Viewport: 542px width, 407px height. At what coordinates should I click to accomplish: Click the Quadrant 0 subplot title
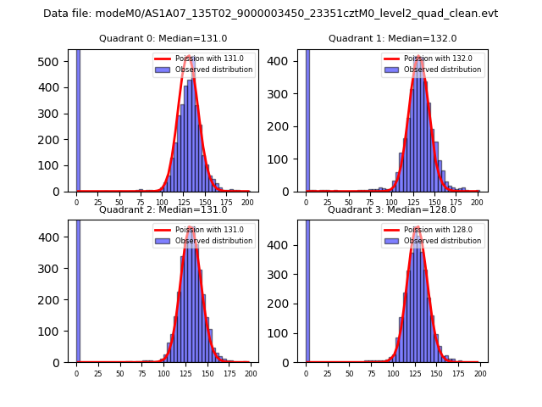tap(162, 38)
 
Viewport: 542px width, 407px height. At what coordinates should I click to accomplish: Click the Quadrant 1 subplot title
tap(392, 38)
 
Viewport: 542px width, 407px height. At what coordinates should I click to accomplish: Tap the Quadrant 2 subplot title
tap(162, 209)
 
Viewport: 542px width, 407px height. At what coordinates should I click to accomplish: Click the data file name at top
tap(270, 14)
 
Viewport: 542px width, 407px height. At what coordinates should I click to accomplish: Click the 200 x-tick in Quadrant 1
tap(478, 203)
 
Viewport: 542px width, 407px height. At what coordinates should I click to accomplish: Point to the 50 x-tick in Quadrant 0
tap(119, 203)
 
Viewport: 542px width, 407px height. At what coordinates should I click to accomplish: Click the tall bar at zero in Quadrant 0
tap(78, 119)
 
